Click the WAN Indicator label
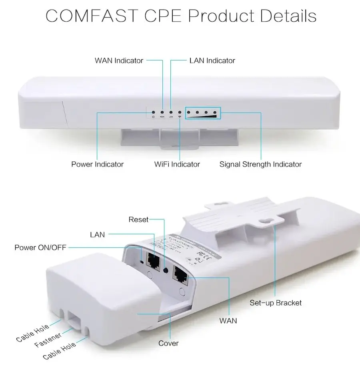[119, 61]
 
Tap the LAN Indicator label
[212, 61]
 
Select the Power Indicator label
[97, 164]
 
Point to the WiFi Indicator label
[177, 164]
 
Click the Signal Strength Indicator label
[260, 164]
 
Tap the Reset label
[138, 219]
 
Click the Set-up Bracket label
[276, 303]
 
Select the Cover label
[168, 343]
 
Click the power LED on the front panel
[153, 113]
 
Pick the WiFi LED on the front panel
[180, 113]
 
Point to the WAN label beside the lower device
[228, 321]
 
